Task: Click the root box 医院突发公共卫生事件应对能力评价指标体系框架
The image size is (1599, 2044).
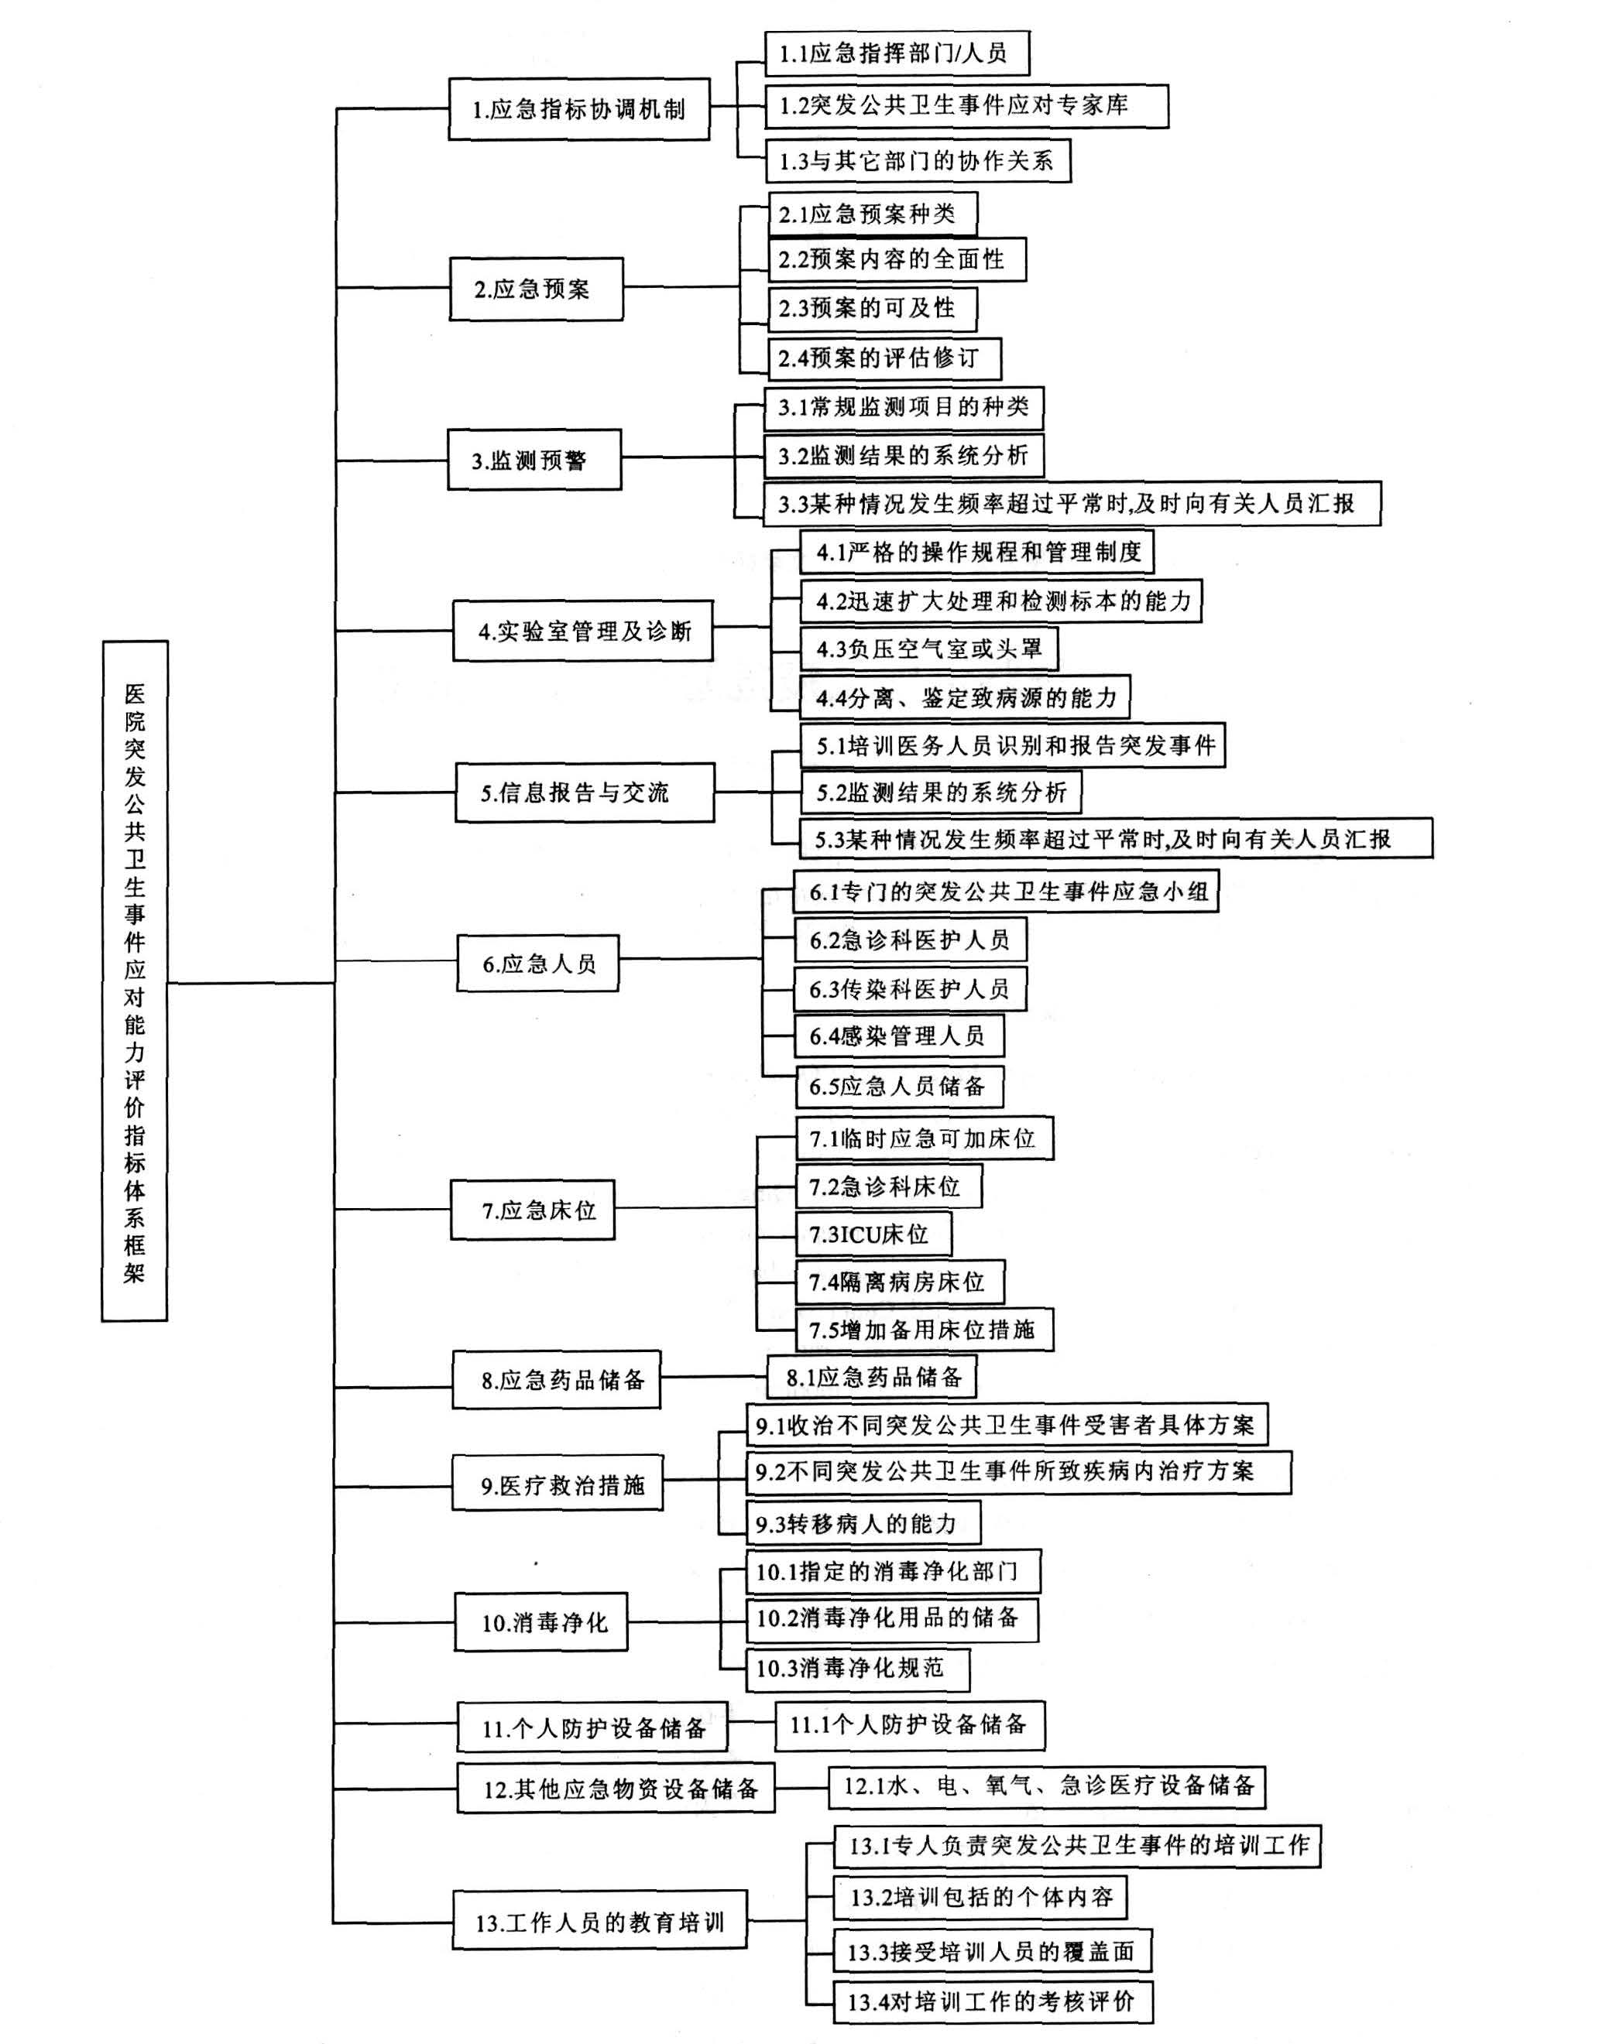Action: tap(135, 980)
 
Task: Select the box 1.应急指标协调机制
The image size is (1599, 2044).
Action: tap(578, 109)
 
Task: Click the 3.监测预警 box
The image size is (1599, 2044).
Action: tap(534, 460)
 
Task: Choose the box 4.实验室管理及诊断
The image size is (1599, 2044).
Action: tap(583, 632)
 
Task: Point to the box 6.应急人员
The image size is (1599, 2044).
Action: tap(538, 963)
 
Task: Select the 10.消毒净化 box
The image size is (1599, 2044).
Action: tap(541, 1622)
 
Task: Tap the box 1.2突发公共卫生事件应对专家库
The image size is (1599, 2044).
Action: tap(966, 106)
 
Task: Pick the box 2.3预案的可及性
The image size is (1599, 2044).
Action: tap(873, 309)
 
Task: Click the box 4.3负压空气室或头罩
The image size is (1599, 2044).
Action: tap(928, 649)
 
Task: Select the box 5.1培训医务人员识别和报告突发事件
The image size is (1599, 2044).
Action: tap(1013, 746)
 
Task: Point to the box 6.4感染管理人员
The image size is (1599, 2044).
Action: tap(899, 1036)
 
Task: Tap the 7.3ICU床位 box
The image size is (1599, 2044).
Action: tap(873, 1234)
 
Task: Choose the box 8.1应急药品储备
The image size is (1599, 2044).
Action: tap(872, 1377)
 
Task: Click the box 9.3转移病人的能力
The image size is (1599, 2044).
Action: tap(863, 1524)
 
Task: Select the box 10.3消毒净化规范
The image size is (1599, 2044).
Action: tap(856, 1668)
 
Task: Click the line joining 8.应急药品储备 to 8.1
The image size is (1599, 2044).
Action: tap(713, 1377)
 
